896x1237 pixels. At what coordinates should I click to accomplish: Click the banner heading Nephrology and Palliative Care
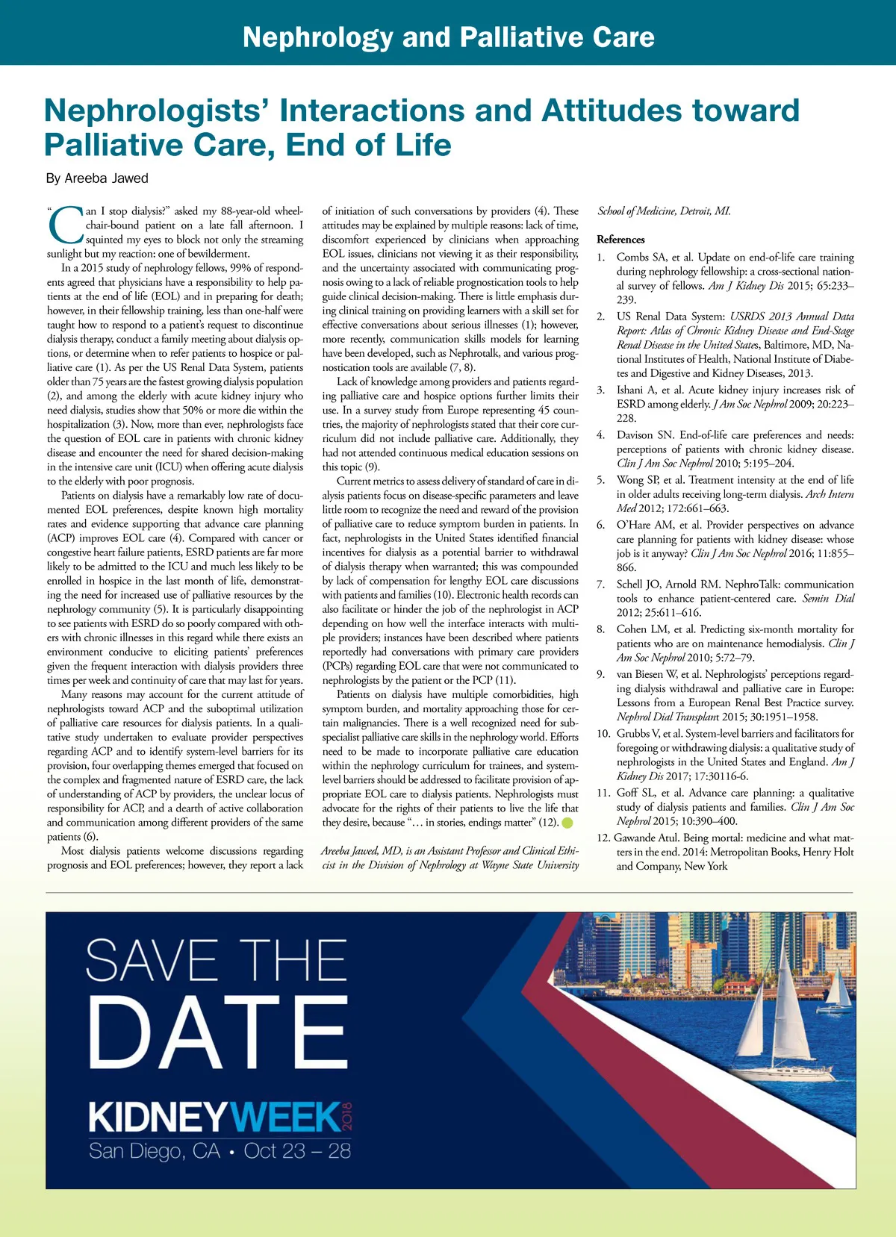(x=448, y=37)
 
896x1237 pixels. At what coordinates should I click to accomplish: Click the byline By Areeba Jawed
(x=97, y=178)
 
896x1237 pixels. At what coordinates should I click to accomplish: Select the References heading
(x=620, y=240)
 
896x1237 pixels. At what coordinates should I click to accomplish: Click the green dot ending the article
(x=567, y=823)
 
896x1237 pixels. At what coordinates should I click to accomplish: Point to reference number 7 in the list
(x=600, y=585)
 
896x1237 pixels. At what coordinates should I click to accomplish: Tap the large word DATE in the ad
(x=217, y=1033)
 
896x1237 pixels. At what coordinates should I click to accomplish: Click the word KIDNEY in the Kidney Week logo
(x=157, y=1118)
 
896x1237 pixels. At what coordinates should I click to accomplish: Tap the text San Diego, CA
(x=155, y=1151)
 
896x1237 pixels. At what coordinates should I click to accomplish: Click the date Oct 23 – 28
(x=297, y=1151)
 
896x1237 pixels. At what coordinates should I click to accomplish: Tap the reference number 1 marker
(x=600, y=257)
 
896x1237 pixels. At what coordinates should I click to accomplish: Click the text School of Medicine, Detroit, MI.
(x=664, y=211)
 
